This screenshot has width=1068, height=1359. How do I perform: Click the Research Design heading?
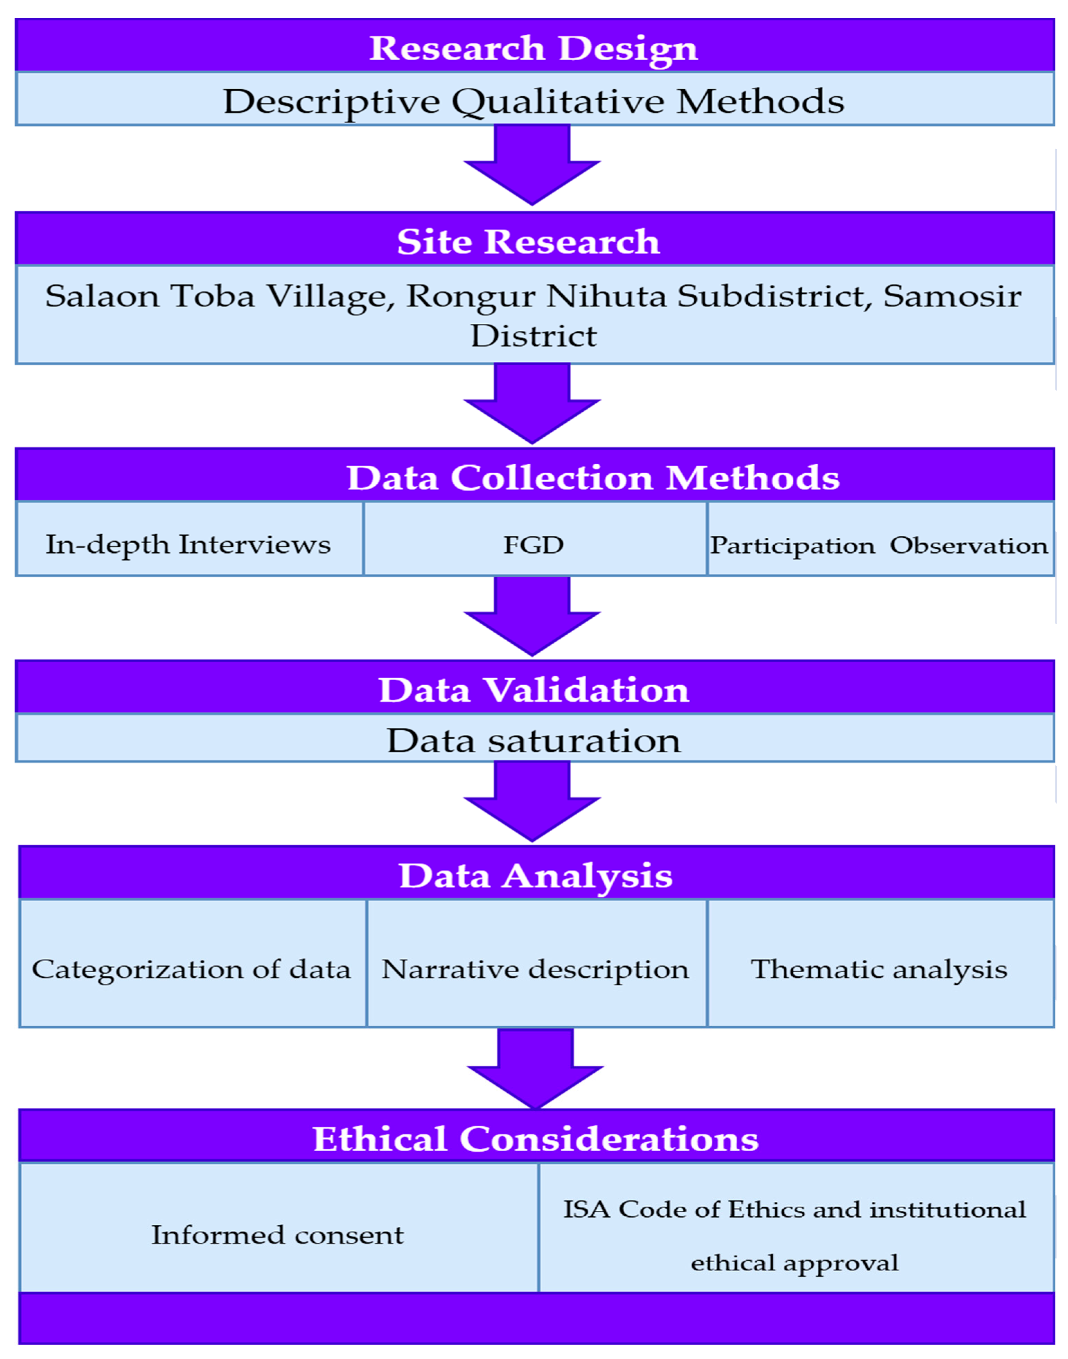click(533, 48)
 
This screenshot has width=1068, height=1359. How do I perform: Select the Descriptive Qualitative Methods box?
click(533, 101)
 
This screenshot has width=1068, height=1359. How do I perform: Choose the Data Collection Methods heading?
click(593, 477)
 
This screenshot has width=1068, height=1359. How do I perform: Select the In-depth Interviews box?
click(189, 545)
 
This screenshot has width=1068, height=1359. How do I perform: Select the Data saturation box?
click(533, 740)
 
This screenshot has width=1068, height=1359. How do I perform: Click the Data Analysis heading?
click(536, 875)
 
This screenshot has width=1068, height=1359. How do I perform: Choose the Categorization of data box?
click(192, 969)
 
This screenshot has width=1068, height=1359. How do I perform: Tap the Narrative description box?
click(536, 969)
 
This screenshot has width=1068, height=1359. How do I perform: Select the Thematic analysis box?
click(879, 969)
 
